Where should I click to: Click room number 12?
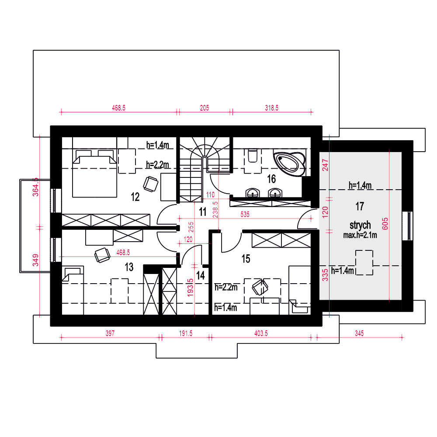pos(135,197)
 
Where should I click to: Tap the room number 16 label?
pos(271,179)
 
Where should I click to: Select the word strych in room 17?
pos(360,225)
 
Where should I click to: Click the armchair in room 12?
pos(151,184)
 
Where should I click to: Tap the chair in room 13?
pos(102,255)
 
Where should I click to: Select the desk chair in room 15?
pos(260,287)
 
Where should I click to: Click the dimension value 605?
pos(385,223)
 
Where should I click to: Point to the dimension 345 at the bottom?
pos(359,333)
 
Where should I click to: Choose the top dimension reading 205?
pos(204,108)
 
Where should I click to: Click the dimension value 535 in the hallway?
pos(245,214)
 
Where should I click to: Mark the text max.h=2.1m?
pos(360,235)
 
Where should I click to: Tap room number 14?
pos(201,276)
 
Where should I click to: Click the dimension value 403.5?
pos(261,333)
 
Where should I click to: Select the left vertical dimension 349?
pos(36,260)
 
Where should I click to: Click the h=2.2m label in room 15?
pos(226,287)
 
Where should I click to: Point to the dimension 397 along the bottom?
pos(110,333)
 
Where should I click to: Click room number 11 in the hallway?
pos(203,212)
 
